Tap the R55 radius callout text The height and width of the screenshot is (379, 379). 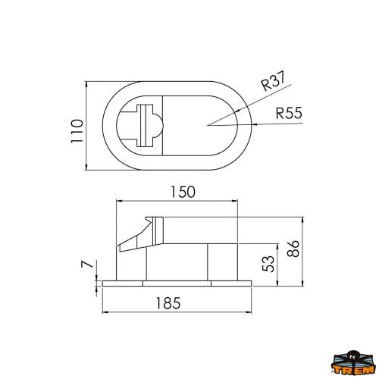pyautogui.click(x=290, y=114)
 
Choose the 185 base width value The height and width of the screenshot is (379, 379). pyautogui.click(x=173, y=303)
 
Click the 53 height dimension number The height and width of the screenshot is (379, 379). pyautogui.click(x=266, y=264)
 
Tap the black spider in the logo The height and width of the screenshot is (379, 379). pyautogui.click(x=355, y=355)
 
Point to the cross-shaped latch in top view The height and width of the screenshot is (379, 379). pyautogui.click(x=143, y=124)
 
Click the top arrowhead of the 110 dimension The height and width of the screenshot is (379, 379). pyautogui.click(x=88, y=82)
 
